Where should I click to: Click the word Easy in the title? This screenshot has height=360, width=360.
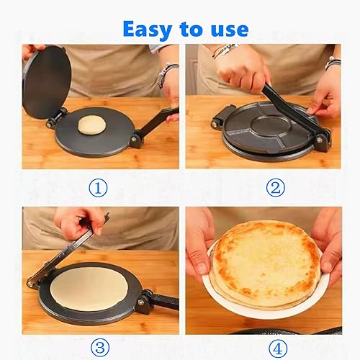click(145, 29)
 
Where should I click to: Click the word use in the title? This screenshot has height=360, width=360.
click(226, 29)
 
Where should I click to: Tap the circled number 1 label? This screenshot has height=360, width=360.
click(100, 189)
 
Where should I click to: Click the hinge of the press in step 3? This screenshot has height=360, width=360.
click(144, 298)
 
